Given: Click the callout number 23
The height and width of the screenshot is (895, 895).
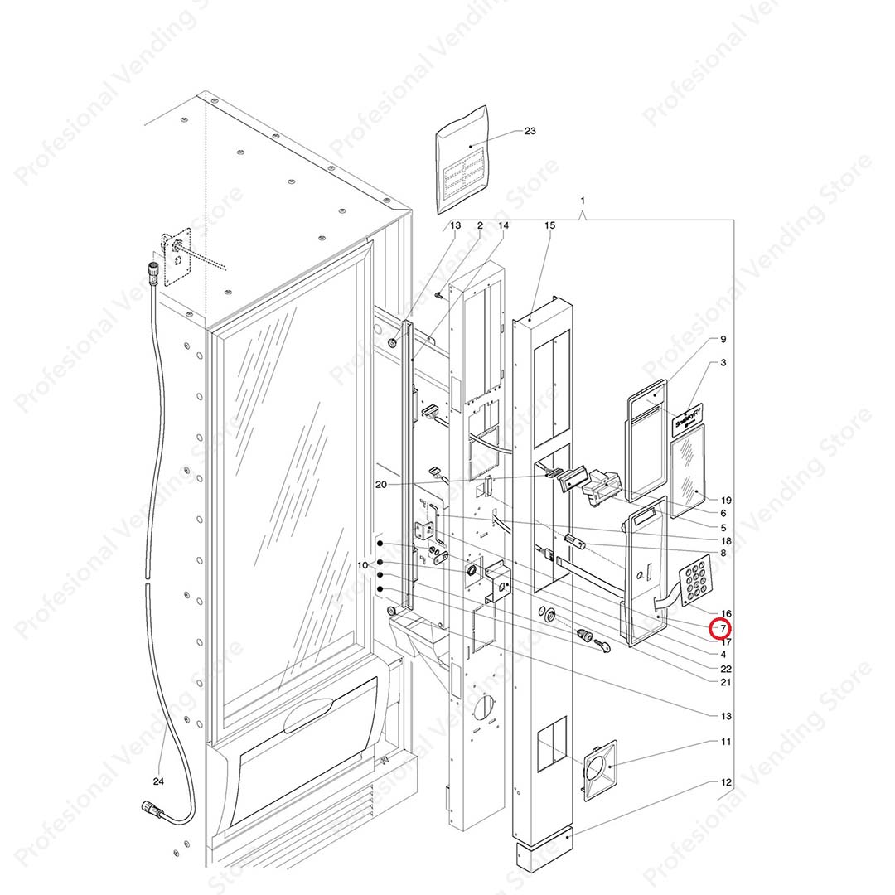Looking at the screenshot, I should pyautogui.click(x=530, y=131).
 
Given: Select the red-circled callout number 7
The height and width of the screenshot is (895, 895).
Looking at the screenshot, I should pyautogui.click(x=722, y=629).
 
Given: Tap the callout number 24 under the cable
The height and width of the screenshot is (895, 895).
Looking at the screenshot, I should pyautogui.click(x=158, y=781).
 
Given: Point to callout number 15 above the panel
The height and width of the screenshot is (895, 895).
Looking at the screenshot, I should pyautogui.click(x=549, y=225).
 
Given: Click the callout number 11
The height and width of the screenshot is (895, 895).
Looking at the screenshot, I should pyautogui.click(x=726, y=741).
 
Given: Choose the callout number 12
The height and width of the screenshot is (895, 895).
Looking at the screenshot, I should pyautogui.click(x=726, y=781).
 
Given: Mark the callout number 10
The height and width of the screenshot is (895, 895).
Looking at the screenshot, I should pyautogui.click(x=362, y=565).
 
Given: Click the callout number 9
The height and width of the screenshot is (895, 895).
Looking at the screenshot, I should pyautogui.click(x=723, y=339).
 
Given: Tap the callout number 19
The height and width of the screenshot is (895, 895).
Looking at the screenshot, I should pyautogui.click(x=726, y=500).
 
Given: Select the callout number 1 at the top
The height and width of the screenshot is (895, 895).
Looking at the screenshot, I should pyautogui.click(x=583, y=201).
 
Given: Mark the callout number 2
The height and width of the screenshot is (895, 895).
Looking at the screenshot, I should pyautogui.click(x=479, y=225).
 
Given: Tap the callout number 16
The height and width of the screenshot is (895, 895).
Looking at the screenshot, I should pyautogui.click(x=726, y=613).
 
